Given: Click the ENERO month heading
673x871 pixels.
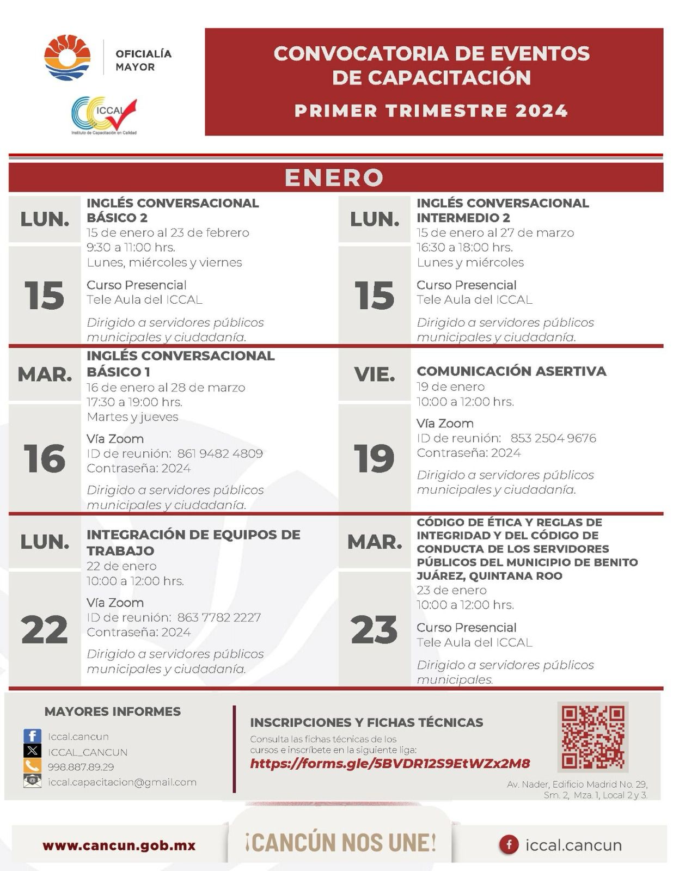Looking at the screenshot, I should click(334, 177).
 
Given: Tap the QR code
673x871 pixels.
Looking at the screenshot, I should click(592, 737).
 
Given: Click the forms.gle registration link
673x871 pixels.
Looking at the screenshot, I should click(390, 763).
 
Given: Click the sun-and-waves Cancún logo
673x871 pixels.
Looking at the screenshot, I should click(67, 57).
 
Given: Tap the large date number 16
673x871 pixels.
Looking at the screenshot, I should click(45, 458).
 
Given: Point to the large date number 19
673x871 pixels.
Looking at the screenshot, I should click(374, 458).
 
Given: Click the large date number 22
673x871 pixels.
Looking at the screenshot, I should click(45, 630).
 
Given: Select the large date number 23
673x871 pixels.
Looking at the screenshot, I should click(374, 630).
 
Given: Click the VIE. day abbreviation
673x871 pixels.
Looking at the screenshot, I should click(374, 375).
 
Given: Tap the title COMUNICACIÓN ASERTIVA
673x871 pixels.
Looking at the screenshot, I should click(511, 371).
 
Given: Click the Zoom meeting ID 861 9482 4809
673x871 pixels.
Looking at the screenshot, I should click(220, 453).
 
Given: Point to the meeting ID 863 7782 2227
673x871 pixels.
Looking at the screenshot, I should click(219, 617).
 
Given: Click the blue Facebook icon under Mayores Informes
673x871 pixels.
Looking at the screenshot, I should click(32, 737).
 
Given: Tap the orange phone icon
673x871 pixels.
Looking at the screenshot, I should click(32, 766).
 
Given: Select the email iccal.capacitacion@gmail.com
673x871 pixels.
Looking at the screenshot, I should click(122, 782).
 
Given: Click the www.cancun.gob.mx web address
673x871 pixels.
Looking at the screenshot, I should click(119, 845).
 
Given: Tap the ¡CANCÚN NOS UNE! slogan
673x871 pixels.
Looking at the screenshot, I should click(340, 843).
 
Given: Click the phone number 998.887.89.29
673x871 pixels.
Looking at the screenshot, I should click(81, 767).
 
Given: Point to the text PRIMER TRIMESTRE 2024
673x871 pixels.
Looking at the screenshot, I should click(431, 111).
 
